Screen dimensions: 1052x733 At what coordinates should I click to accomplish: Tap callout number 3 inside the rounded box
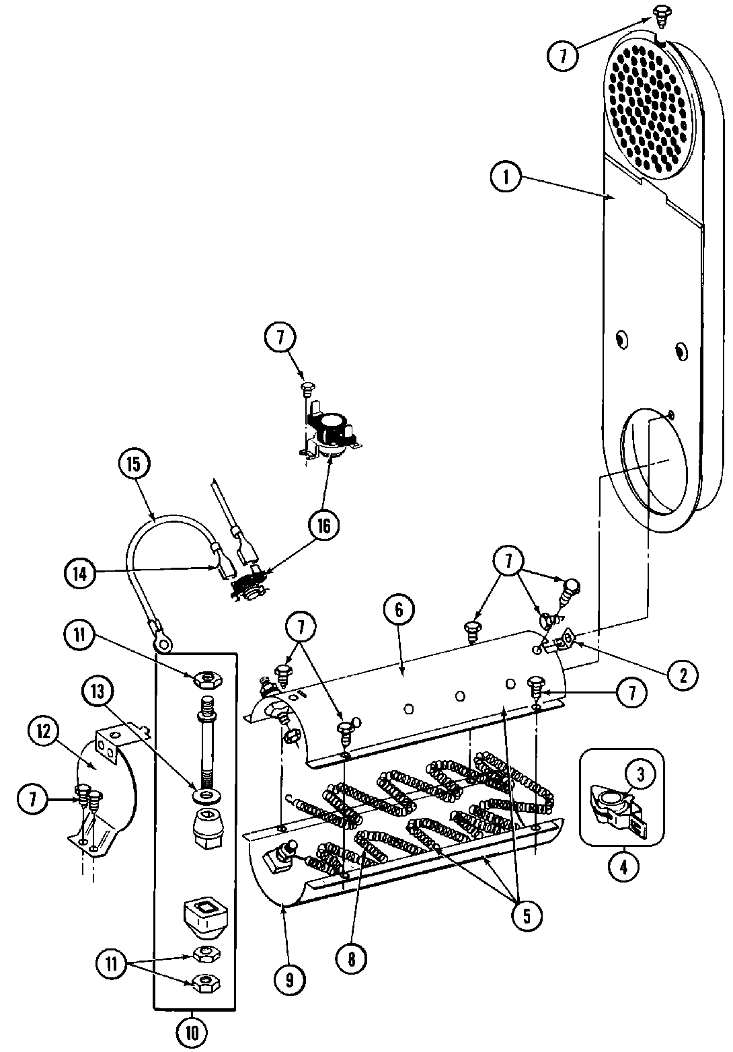point(640,776)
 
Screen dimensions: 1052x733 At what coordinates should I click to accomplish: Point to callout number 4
point(623,866)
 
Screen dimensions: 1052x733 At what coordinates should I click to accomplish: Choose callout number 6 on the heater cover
point(398,609)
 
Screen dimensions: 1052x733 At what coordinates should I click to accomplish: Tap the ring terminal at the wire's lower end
point(162,642)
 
